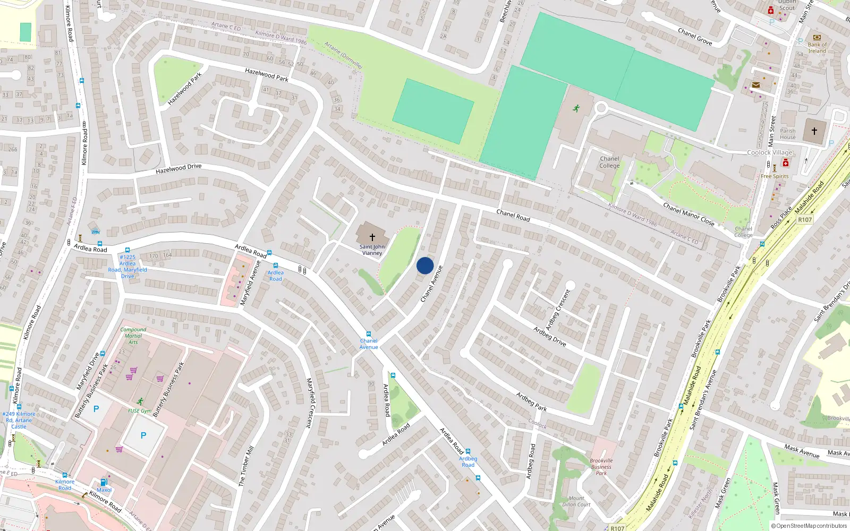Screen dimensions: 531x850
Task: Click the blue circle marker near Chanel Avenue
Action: click(425, 265)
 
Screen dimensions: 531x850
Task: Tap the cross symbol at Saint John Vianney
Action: click(372, 237)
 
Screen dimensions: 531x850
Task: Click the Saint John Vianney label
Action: click(372, 250)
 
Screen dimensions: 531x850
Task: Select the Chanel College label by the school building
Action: click(609, 162)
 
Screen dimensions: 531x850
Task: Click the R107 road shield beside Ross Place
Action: click(805, 219)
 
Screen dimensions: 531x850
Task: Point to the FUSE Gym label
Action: click(140, 411)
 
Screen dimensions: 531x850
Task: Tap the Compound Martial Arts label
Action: click(133, 336)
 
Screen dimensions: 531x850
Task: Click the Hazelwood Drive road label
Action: click(178, 169)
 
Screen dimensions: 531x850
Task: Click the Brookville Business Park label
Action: click(601, 467)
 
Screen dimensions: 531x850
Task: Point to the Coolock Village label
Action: click(769, 152)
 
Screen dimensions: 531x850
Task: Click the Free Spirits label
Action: click(775, 176)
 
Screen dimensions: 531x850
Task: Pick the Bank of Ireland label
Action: click(817, 48)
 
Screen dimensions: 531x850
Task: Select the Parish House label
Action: click(788, 134)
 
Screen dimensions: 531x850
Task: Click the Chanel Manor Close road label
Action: click(688, 214)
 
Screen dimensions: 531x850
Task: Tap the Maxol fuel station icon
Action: click(104, 483)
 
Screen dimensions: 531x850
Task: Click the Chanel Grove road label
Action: click(695, 37)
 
